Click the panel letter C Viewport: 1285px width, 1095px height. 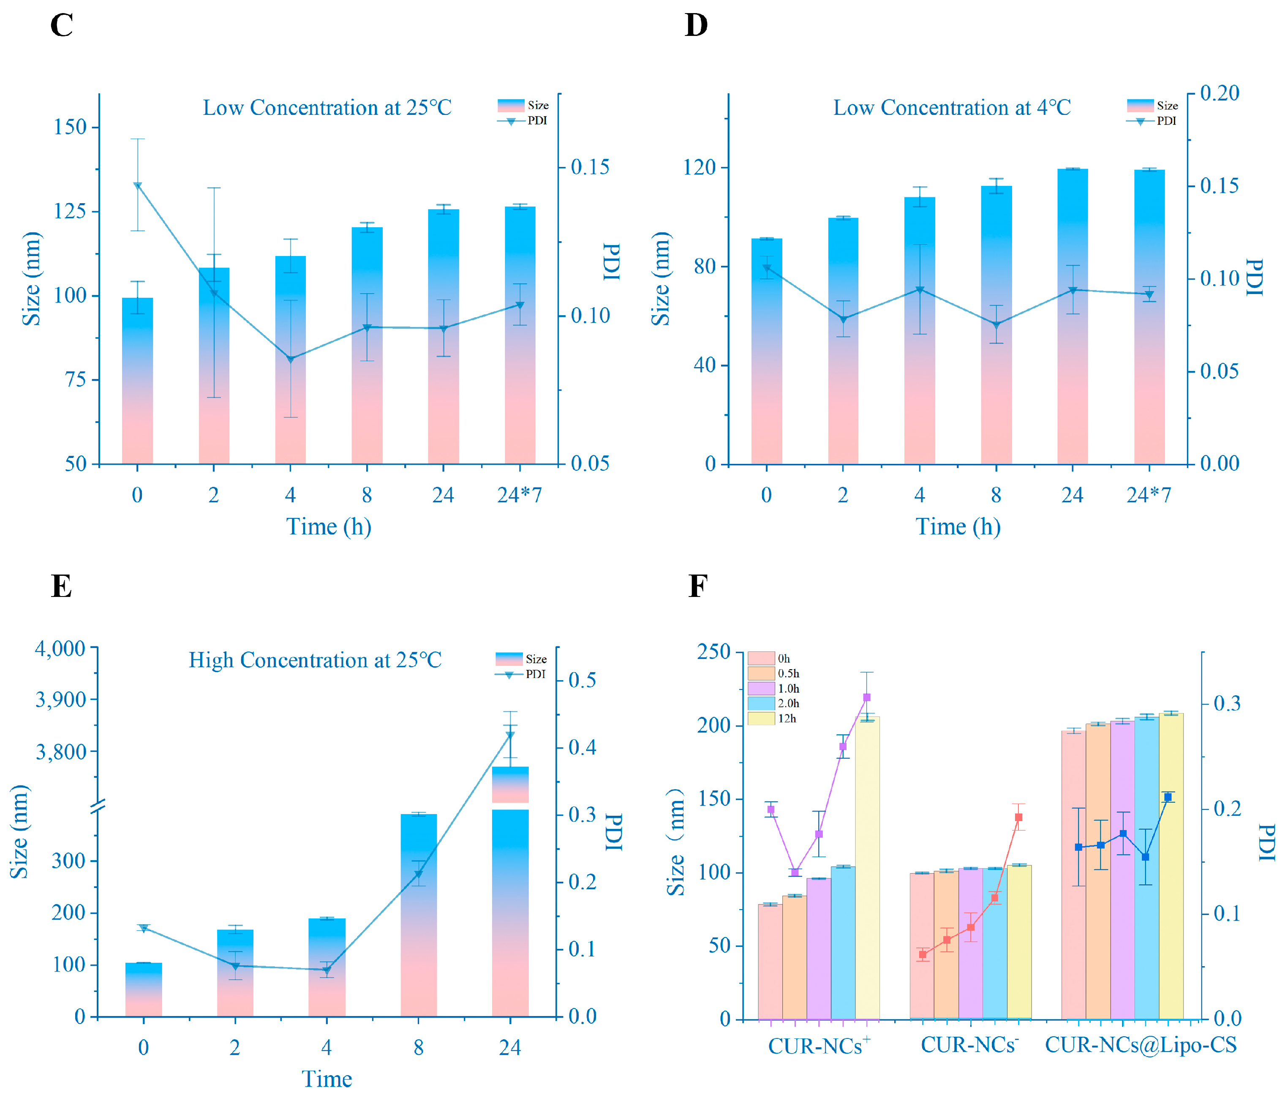[x=61, y=26]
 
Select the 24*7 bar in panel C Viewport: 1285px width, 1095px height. [x=520, y=335]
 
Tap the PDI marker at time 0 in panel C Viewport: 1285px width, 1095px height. [x=138, y=185]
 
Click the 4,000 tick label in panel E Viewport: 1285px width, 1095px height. [x=60, y=648]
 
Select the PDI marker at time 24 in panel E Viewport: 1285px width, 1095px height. [x=510, y=735]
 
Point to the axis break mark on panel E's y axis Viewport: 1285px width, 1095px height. [x=98, y=806]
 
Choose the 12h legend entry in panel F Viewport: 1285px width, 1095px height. [x=773, y=719]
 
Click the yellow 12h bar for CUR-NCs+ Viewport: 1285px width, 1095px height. [x=867, y=869]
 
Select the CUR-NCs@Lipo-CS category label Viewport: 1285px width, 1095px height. [x=1140, y=1045]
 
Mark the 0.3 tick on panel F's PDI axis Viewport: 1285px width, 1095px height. [x=1227, y=703]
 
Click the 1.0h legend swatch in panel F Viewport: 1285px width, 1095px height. [x=761, y=688]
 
